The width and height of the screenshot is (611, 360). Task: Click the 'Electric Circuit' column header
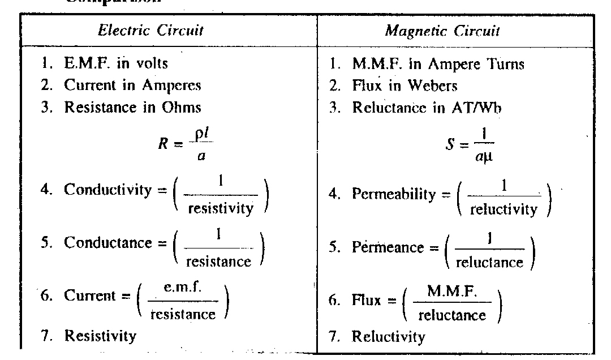(x=151, y=30)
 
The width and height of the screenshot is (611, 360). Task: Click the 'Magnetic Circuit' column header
(x=442, y=31)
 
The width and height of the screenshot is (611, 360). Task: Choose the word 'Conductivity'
(x=108, y=190)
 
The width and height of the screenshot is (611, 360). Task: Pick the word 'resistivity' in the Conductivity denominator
(x=221, y=208)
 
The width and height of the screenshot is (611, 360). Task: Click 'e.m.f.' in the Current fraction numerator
(x=182, y=288)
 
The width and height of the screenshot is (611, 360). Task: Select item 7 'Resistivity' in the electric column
(x=100, y=336)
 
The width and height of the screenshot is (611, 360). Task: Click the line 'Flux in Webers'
(x=405, y=85)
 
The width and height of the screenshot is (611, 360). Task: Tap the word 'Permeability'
(x=393, y=194)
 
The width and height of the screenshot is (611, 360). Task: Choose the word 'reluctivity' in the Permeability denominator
(x=504, y=210)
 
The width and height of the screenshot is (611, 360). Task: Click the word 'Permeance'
(x=388, y=247)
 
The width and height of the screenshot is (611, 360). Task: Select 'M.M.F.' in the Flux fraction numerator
(x=452, y=292)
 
